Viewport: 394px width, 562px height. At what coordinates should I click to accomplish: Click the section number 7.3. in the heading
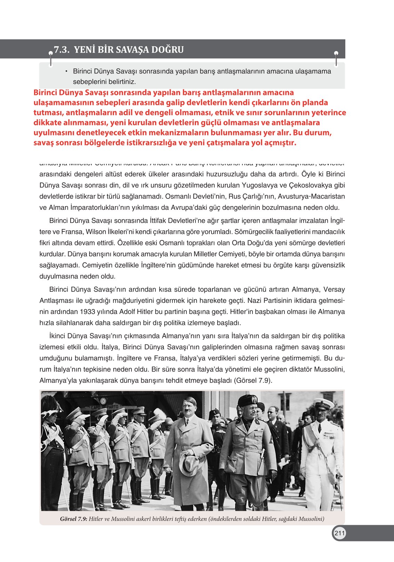(x=62, y=49)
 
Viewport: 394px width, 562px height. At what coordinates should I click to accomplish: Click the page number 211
(x=339, y=533)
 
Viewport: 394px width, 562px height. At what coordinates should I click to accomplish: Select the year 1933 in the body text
(x=87, y=311)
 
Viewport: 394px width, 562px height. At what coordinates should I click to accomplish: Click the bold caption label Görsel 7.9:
(x=73, y=519)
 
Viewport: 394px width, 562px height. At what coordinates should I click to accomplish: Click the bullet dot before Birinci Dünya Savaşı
(x=66, y=71)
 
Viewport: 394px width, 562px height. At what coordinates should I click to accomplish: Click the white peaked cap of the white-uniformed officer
(x=323, y=403)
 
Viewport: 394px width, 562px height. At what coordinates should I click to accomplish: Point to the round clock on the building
(x=103, y=401)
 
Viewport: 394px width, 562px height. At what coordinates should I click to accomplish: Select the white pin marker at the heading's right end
(x=336, y=54)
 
